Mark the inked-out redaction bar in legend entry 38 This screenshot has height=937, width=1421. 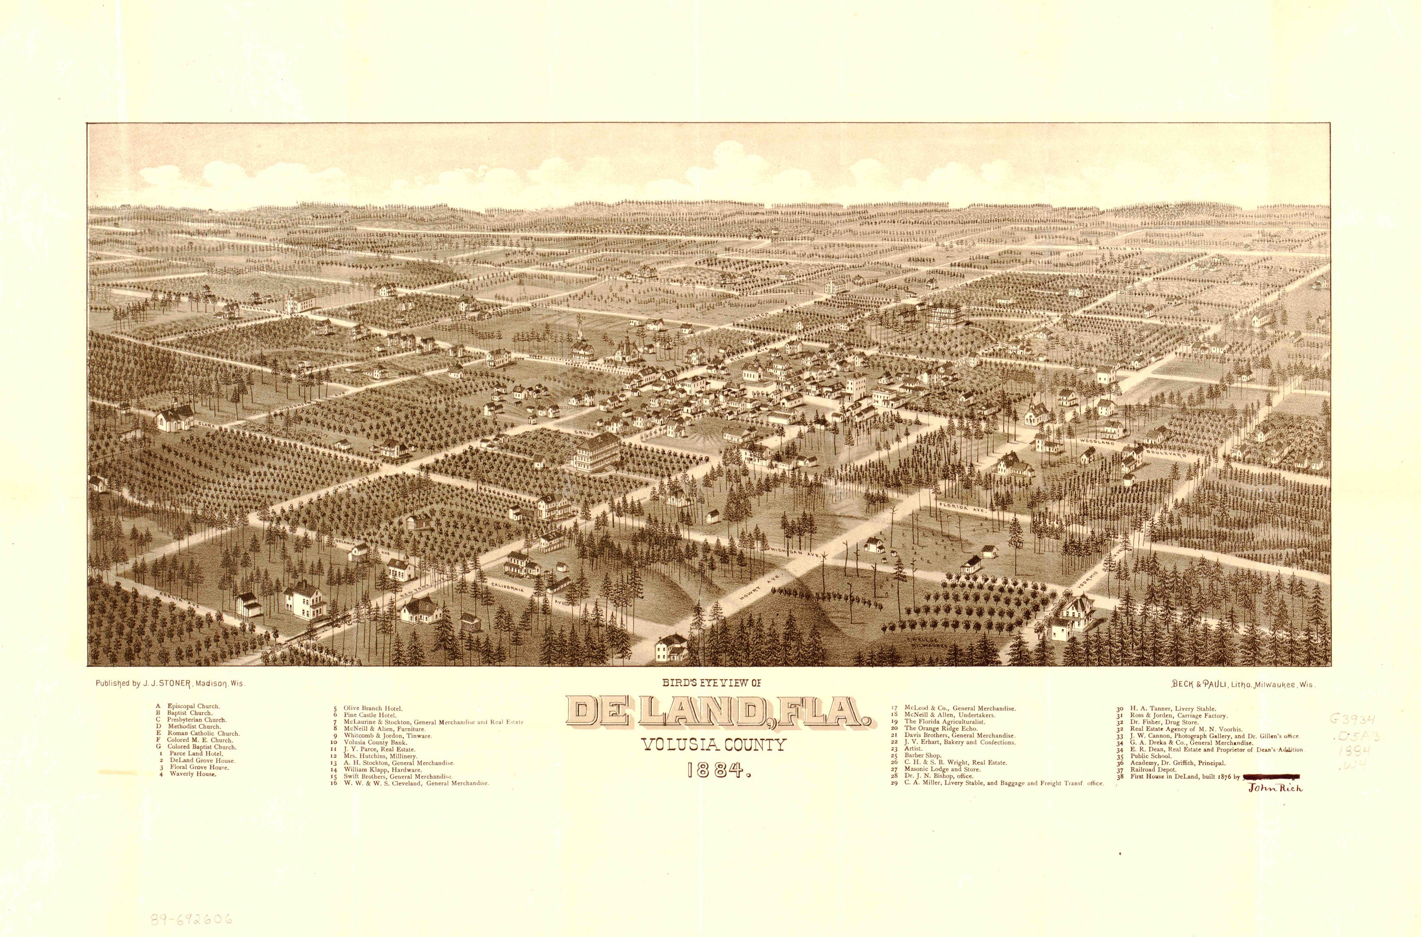(1269, 777)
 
